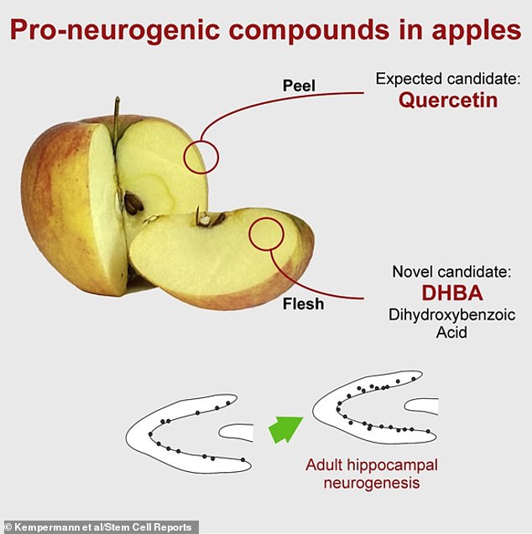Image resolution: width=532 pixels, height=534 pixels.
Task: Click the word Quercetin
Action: pos(449,101)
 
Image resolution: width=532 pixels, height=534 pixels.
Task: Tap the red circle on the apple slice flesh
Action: pos(268,231)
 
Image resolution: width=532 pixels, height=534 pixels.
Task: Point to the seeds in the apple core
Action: pos(133,204)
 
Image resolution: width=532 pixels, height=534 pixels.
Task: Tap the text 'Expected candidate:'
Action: pos(449,80)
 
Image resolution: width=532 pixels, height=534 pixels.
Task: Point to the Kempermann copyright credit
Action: pos(99,527)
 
